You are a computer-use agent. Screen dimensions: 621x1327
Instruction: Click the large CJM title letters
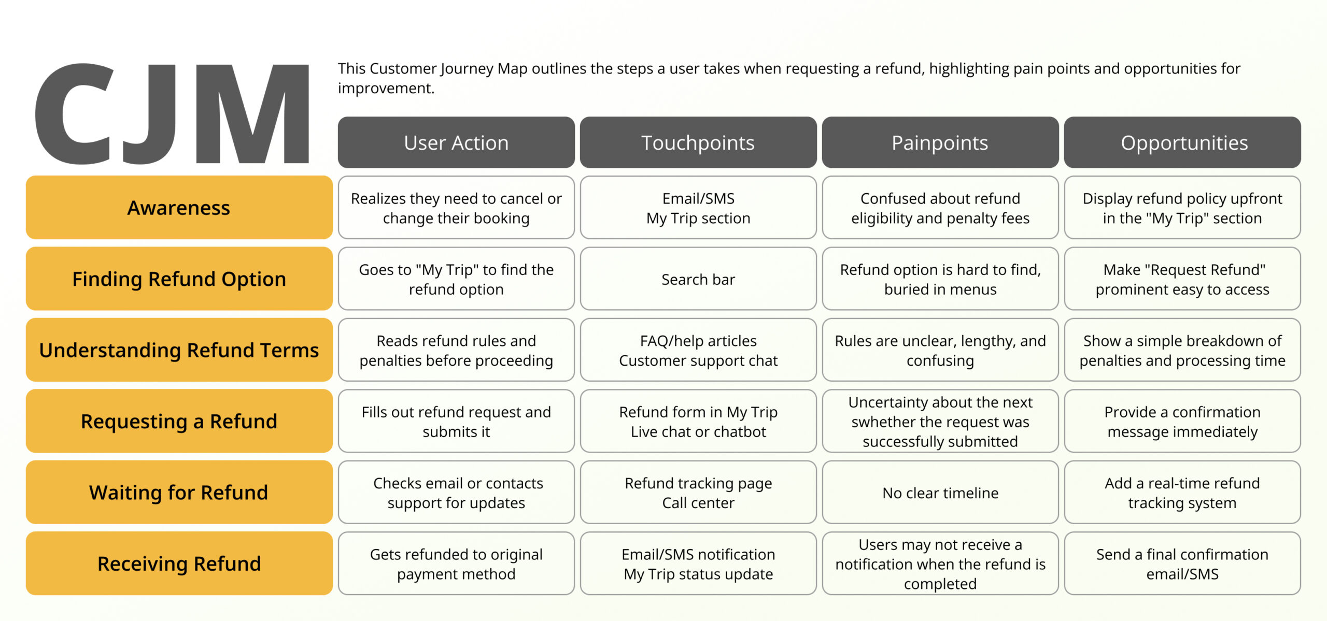(171, 114)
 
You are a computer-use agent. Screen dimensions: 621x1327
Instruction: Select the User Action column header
(456, 142)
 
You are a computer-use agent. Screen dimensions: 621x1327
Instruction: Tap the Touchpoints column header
(698, 142)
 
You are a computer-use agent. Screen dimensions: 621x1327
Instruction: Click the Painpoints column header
(940, 142)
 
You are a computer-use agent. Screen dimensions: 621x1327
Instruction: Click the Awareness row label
(179, 208)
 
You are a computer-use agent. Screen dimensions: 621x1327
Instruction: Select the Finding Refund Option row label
(179, 279)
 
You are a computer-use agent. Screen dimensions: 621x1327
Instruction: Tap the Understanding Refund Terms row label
(179, 350)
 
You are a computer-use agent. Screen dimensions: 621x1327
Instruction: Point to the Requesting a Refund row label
(179, 421)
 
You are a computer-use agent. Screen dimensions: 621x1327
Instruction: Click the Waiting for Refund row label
(179, 492)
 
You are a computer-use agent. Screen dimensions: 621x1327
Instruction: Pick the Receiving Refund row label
(179, 564)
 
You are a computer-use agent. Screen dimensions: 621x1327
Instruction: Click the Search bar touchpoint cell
(698, 279)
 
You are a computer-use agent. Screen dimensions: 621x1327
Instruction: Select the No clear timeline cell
(940, 493)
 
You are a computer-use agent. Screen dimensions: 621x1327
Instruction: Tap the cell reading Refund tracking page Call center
(698, 493)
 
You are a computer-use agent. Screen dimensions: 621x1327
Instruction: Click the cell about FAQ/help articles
(698, 350)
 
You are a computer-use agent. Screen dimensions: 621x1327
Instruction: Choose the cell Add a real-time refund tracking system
(1182, 493)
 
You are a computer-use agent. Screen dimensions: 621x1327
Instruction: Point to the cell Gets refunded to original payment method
(456, 564)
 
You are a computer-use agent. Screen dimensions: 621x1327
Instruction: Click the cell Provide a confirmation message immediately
(1182, 421)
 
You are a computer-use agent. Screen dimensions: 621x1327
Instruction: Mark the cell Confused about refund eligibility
(940, 208)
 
